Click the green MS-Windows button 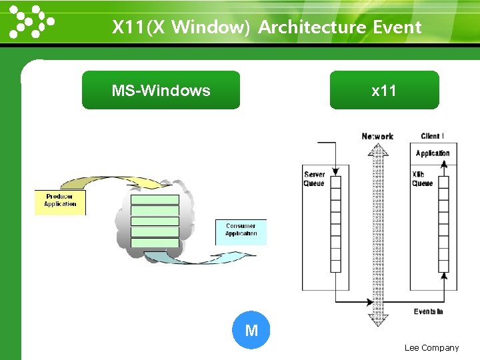[x=161, y=90]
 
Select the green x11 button [x=384, y=90]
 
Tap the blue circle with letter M [x=251, y=330]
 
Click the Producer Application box [x=60, y=202]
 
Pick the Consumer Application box [x=241, y=231]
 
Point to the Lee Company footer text [x=431, y=347]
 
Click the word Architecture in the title [x=312, y=27]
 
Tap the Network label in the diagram [x=377, y=136]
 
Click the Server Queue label [x=314, y=179]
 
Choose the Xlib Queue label [x=422, y=179]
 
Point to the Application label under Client [x=433, y=153]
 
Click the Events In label [x=428, y=311]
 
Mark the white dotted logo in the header [x=31, y=21]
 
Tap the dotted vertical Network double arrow [x=378, y=233]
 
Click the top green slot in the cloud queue [x=155, y=199]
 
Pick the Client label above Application [x=432, y=136]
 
